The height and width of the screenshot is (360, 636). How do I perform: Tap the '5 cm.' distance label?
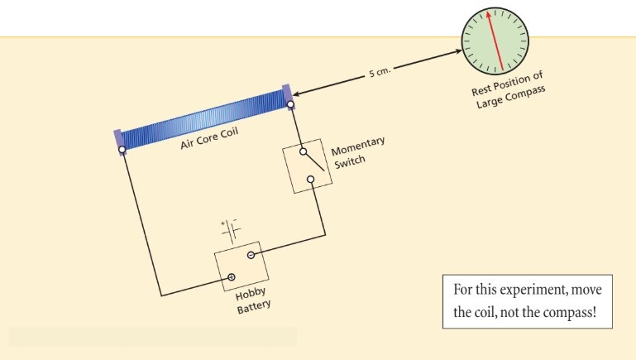(379, 73)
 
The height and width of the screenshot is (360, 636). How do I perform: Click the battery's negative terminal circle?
(250, 255)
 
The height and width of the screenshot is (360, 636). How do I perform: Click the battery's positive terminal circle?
(232, 276)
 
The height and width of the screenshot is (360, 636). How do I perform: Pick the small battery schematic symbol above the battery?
(229, 228)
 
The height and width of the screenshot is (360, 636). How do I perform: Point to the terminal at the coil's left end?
(122, 150)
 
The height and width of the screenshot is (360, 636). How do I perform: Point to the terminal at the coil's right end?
(291, 105)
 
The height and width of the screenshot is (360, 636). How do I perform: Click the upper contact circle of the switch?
(303, 152)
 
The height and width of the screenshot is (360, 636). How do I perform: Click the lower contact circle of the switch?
(311, 180)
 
